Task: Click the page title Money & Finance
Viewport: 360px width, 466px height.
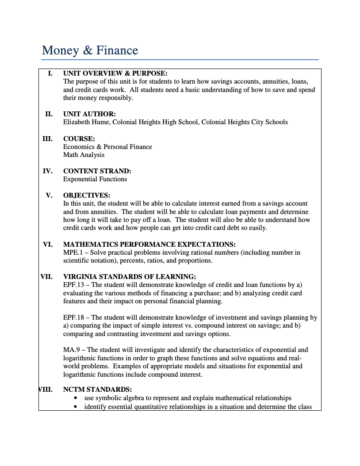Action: [90, 50]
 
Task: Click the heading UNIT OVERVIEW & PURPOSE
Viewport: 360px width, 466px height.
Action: [115, 73]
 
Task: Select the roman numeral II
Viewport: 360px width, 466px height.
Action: [49, 114]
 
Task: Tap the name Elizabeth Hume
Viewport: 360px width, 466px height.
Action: [86, 122]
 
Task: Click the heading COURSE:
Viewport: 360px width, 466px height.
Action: [79, 139]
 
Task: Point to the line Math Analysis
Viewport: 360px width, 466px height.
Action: [84, 155]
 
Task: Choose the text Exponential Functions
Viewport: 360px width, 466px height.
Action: [95, 179]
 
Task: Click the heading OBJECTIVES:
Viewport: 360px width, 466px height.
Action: [86, 195]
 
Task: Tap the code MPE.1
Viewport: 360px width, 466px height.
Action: [73, 252]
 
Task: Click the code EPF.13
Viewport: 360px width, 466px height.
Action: [74, 285]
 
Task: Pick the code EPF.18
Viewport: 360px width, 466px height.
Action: [74, 317]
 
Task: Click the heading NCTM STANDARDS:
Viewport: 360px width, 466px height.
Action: [97, 390]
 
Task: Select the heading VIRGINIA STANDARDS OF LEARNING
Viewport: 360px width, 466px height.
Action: [129, 277]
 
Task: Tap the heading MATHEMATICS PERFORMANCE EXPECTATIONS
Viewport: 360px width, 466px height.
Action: [149, 244]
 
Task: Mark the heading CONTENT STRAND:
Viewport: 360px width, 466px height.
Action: [97, 171]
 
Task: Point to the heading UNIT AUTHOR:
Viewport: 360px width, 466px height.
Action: [89, 114]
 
